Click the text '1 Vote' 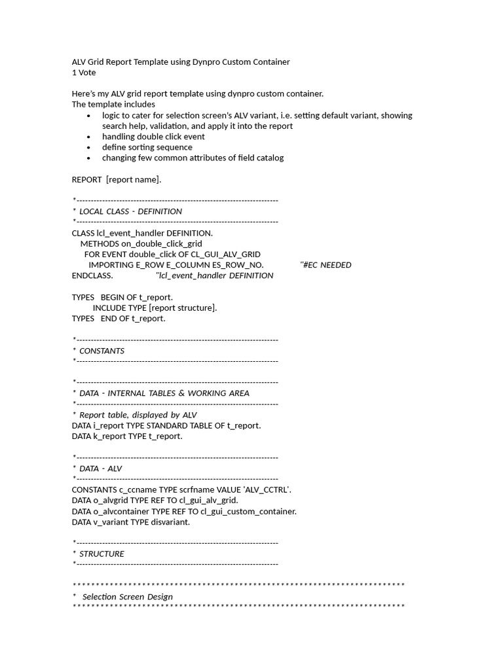point(84,73)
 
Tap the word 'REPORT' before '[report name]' point(86,179)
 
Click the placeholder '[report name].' point(134,179)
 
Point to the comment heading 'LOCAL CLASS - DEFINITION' point(130,211)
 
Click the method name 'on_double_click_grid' point(162,243)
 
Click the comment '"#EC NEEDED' point(326,265)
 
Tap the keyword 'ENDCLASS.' point(92,275)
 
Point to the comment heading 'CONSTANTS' point(102,351)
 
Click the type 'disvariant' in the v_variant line point(170,521)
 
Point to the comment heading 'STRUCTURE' point(102,554)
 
